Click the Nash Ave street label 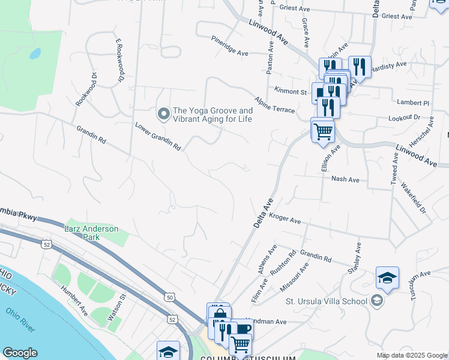345,179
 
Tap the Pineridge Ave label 229,46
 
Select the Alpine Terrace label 274,105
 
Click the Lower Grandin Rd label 157,136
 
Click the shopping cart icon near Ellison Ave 323,130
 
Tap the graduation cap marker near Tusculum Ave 388,277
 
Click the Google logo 20,353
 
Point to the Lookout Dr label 405,118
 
